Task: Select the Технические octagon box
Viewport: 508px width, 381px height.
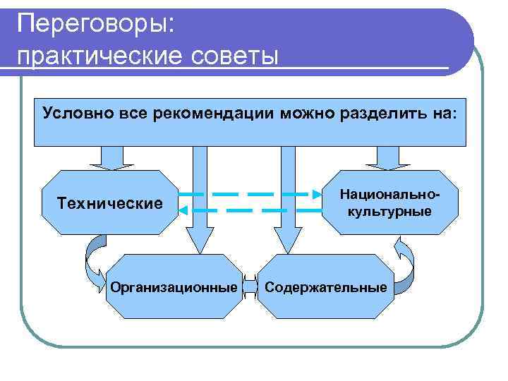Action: coord(109,203)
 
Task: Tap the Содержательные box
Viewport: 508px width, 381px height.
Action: coord(326,287)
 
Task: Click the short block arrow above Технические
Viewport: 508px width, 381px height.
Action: coord(111,157)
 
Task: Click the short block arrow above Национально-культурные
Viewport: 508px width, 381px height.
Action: coord(387,157)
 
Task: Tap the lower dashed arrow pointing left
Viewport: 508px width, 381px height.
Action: coord(247,210)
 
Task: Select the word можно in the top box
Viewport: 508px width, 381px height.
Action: coord(289,114)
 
